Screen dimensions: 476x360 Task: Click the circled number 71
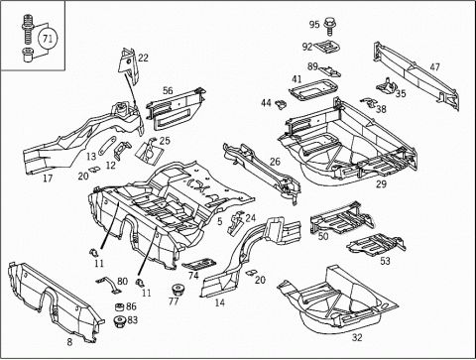(48, 39)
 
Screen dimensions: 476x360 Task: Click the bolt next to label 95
(328, 26)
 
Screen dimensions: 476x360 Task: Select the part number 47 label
(434, 66)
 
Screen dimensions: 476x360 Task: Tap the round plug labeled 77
(179, 290)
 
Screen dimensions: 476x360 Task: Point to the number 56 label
(168, 90)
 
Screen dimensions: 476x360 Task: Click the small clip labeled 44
(281, 104)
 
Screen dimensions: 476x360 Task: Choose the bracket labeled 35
(387, 85)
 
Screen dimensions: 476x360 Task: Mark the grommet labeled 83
(119, 321)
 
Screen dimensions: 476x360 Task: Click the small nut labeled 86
(119, 306)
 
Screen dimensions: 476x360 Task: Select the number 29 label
(381, 183)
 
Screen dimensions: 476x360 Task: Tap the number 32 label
(357, 337)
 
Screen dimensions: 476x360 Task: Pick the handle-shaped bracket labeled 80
(109, 285)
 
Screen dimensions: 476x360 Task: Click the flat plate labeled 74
(199, 264)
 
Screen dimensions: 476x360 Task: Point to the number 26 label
(275, 162)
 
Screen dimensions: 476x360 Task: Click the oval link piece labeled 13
(107, 145)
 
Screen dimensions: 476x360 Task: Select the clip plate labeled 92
(327, 47)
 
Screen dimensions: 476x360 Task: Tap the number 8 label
(69, 342)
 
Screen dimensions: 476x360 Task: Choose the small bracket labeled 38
(369, 102)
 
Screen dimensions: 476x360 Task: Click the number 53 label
(385, 261)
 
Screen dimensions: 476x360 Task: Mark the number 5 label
(220, 221)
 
